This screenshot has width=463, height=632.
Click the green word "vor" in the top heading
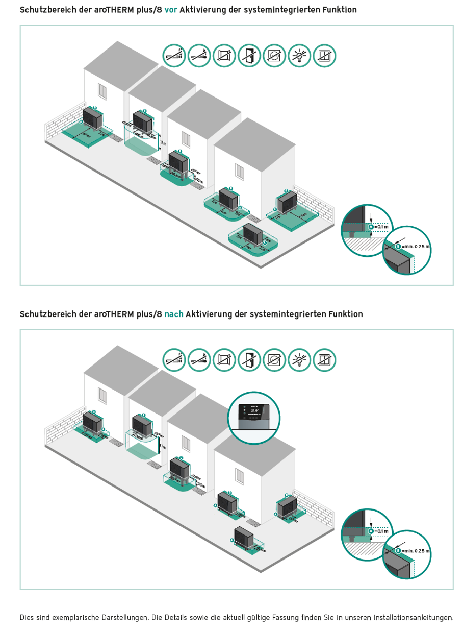click(x=171, y=10)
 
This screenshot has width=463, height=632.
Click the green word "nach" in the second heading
click(x=174, y=314)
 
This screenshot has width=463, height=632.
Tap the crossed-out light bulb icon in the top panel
click(x=300, y=55)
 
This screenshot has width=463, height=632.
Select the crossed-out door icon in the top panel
click(x=250, y=55)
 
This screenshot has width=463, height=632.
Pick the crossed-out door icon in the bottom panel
click(x=250, y=360)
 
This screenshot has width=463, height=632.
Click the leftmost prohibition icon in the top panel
click(x=174, y=55)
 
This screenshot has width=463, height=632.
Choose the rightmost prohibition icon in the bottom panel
click(x=325, y=360)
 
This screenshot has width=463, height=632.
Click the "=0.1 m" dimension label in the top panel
click(x=381, y=227)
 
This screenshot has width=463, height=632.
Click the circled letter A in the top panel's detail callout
click(x=371, y=227)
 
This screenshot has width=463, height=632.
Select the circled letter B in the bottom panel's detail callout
click(x=397, y=551)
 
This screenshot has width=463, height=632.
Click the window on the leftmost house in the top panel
click(x=104, y=91)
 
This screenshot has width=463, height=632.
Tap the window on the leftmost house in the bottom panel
click(x=104, y=395)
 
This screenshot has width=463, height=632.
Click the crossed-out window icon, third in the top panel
click(x=224, y=55)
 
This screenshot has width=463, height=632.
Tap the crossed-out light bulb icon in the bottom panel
click(x=300, y=360)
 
